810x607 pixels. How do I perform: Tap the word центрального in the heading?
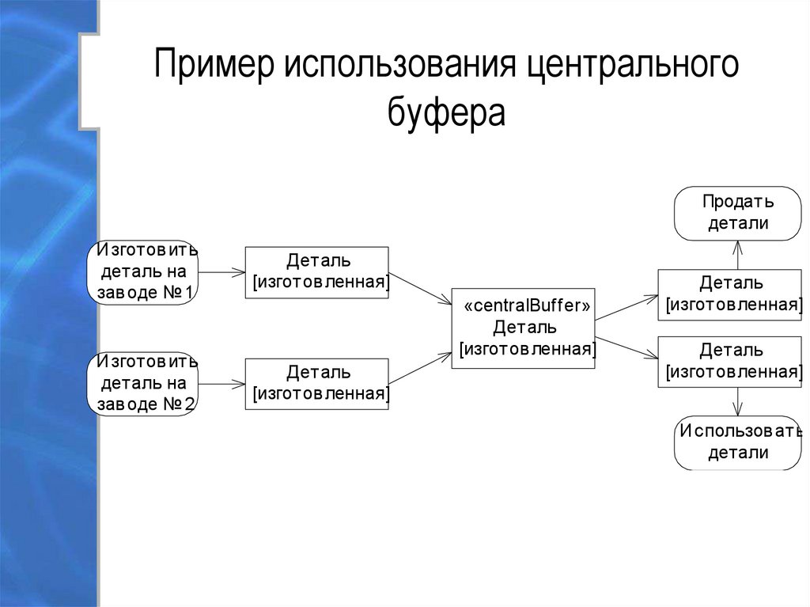[628, 68]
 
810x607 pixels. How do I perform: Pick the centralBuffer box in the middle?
[524, 328]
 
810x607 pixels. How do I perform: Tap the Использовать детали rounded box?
[737, 442]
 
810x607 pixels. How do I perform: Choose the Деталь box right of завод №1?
[316, 272]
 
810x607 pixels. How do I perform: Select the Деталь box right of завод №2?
[316, 383]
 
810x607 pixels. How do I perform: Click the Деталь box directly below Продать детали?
[729, 294]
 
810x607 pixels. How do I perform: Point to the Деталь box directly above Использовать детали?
[729, 361]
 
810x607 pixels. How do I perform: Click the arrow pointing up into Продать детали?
[737, 255]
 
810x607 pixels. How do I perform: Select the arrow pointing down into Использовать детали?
[737, 401]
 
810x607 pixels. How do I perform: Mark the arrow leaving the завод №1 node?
[221, 272]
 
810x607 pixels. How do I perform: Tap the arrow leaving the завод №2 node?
[221, 384]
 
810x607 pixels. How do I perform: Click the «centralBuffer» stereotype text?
[524, 307]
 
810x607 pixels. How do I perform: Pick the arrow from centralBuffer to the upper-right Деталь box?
[626, 308]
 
